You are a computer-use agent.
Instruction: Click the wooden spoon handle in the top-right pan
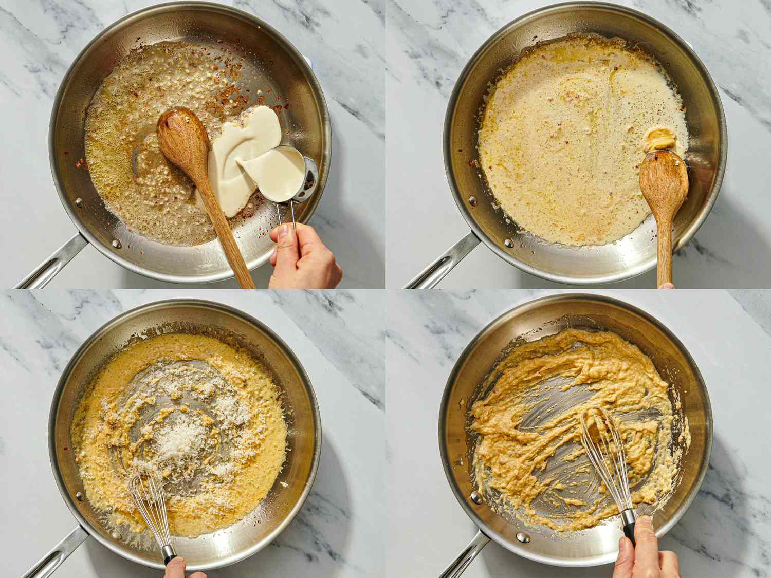click(665, 247)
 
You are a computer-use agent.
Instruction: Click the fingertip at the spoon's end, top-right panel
click(667, 286)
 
